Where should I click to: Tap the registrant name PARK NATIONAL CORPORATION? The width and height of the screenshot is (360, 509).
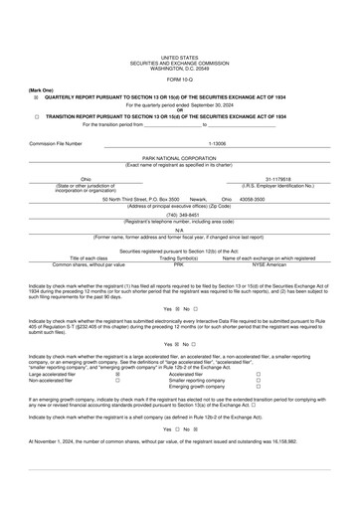coord(179,158)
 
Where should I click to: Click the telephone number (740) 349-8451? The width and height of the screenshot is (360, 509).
coord(180,214)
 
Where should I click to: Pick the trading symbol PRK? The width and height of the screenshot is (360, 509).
coord(179,264)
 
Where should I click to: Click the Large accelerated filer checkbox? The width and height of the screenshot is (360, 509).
coord(117,374)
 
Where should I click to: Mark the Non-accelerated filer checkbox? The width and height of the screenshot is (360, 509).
coord(117,380)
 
